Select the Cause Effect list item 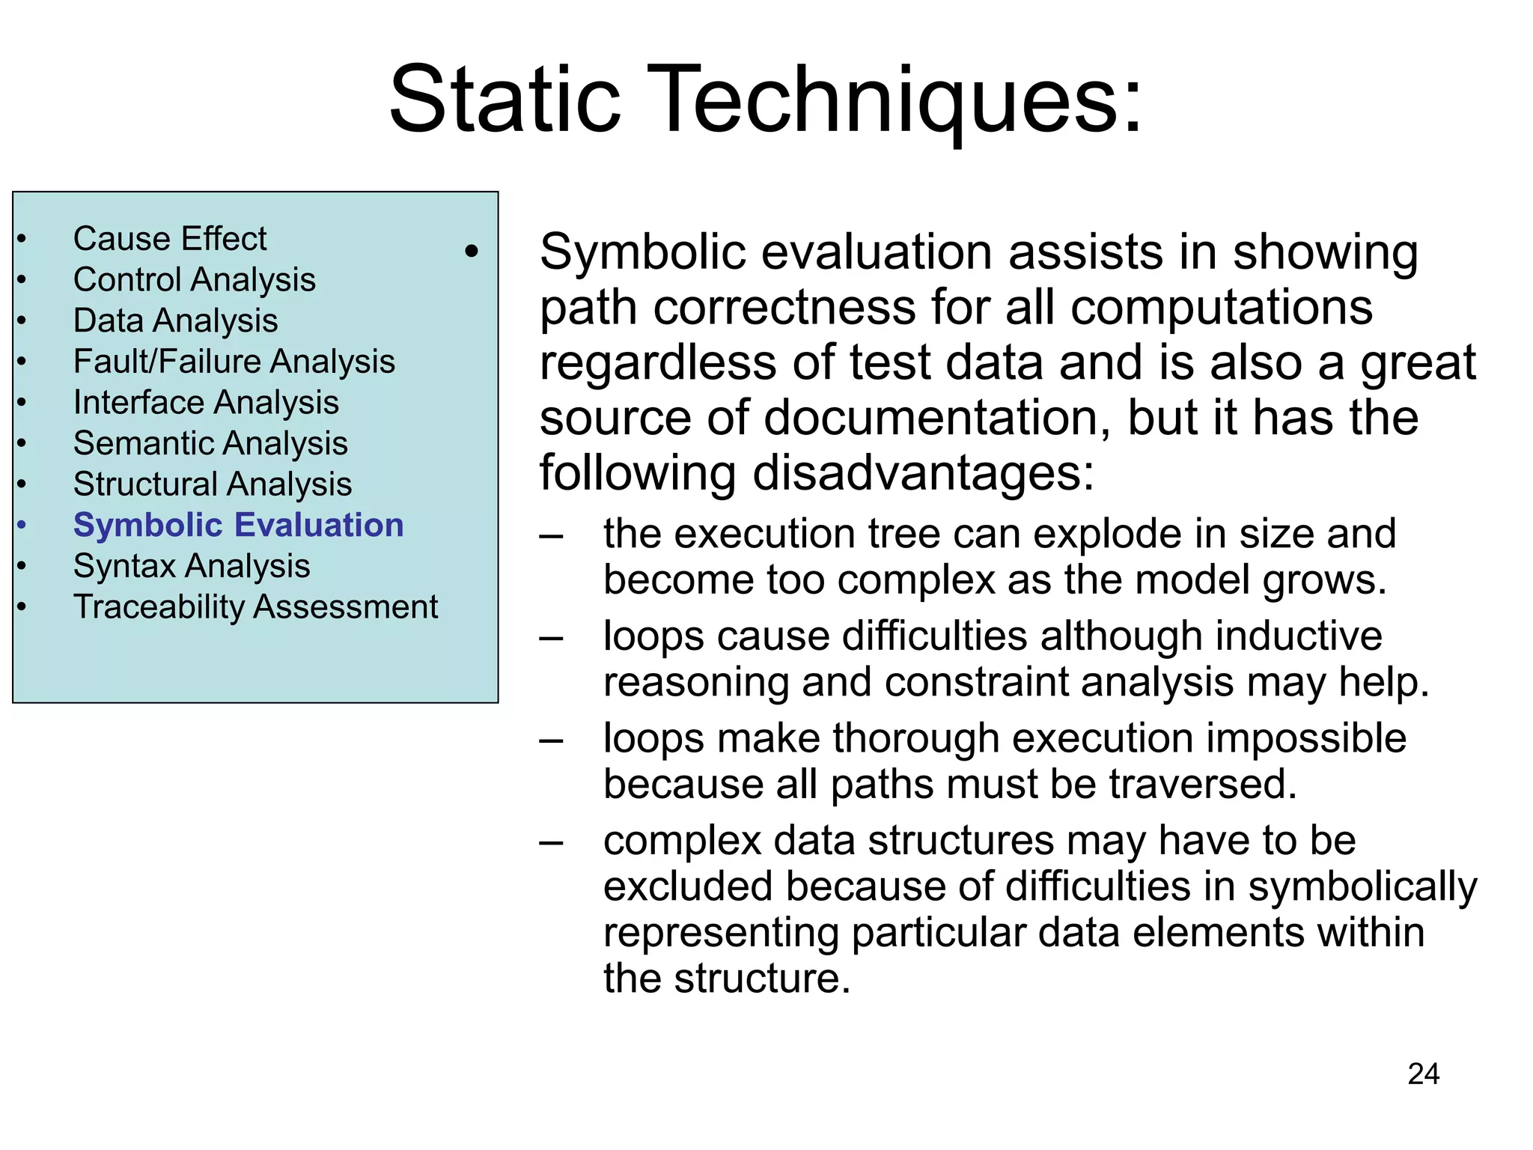170,239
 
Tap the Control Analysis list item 194,280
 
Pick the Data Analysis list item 175,320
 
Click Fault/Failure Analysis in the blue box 234,362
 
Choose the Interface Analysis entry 206,403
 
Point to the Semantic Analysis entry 210,443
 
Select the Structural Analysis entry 213,484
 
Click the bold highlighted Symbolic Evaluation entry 238,525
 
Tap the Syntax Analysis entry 192,566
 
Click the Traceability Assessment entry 255,606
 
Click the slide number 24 1423,1074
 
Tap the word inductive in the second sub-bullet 1298,636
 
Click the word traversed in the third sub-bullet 1202,785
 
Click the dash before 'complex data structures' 552,842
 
